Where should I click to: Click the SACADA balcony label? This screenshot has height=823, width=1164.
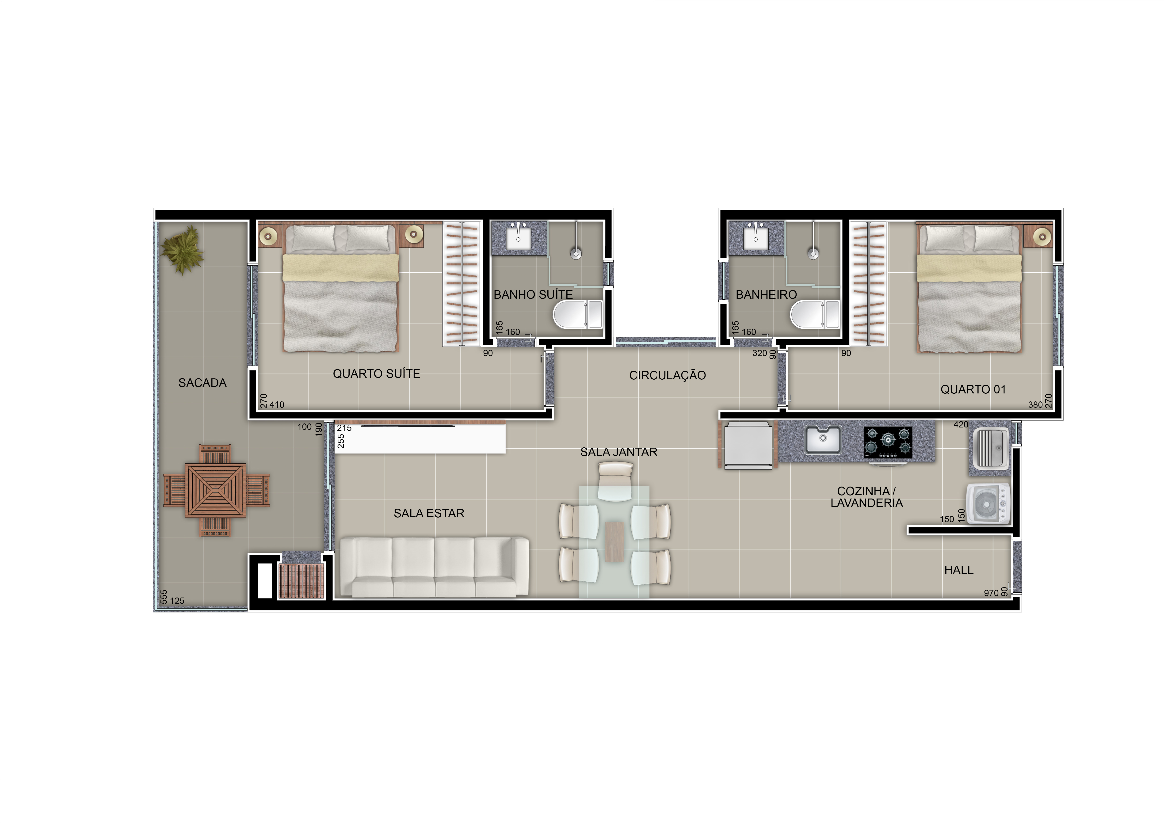[x=202, y=383]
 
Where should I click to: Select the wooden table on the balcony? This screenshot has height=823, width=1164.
[x=216, y=490]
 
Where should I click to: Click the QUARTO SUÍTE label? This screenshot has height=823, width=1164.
[x=376, y=373]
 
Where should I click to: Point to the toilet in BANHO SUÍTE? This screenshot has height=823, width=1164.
[x=577, y=314]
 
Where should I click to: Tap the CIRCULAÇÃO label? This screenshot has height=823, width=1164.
[x=667, y=375]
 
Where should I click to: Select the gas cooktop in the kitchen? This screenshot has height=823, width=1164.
[x=888, y=442]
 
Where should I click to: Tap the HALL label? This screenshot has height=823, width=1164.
[x=959, y=570]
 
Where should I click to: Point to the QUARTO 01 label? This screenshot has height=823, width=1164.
[x=973, y=389]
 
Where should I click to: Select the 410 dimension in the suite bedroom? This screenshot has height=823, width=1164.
[x=277, y=404]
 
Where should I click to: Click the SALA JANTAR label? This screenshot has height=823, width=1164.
[x=618, y=452]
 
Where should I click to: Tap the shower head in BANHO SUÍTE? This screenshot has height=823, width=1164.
[x=576, y=253]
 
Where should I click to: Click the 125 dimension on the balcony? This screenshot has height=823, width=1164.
[x=177, y=601]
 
